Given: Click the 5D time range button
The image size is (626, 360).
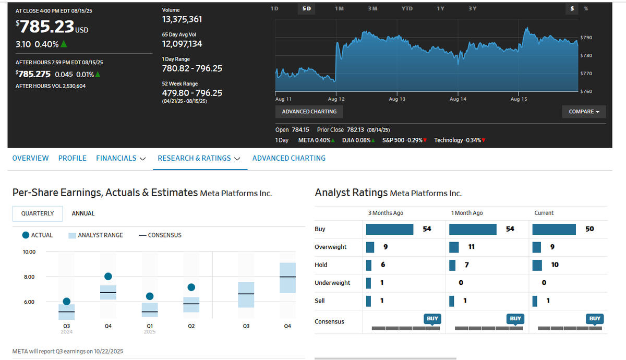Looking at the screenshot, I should tap(307, 9).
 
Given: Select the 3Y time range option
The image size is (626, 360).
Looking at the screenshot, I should tap(472, 9).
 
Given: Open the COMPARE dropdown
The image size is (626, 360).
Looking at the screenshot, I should tap(584, 112).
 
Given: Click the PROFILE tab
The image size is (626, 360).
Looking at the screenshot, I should tap(73, 158).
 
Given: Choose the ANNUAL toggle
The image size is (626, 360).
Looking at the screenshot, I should tap(83, 213).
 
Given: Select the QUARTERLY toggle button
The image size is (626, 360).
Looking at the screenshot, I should tap(38, 213).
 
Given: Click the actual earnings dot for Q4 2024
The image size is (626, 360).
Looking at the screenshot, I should tap(108, 276).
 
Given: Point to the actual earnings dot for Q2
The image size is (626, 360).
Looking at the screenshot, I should tap(191, 287).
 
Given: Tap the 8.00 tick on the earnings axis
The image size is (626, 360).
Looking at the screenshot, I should tap(29, 277).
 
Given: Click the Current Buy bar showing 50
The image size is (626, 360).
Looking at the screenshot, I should tap(554, 229).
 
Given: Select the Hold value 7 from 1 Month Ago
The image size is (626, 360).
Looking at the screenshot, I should tap(466, 265).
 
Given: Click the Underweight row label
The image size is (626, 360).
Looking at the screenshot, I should tap(332, 283).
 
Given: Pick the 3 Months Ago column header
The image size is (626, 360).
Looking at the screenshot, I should tap(386, 213).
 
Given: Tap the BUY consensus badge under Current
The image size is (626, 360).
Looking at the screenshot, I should tap(595, 318).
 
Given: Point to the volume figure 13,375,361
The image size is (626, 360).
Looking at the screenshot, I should tap(182, 19).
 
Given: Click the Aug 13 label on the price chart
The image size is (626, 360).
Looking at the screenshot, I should tap(397, 99).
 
